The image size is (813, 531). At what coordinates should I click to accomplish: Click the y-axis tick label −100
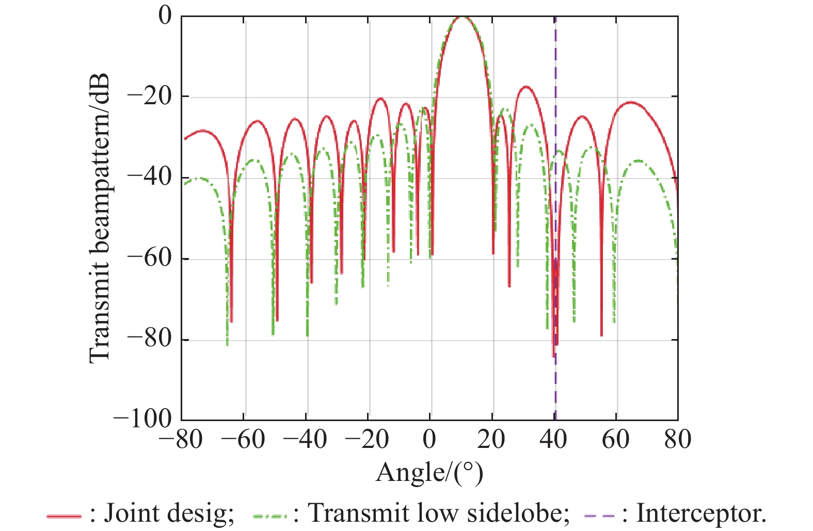143,419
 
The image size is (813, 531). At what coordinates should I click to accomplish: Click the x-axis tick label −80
182,440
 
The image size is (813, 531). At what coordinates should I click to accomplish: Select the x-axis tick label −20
368,440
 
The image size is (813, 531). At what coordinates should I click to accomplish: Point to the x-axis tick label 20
491,440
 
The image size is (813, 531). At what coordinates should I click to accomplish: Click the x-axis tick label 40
553,440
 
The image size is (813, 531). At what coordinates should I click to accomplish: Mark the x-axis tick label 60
616,440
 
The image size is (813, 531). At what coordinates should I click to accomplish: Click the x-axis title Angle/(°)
429,472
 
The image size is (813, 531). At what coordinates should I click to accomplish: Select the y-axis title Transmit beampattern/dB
100,218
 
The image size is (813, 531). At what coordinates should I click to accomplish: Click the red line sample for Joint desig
64,516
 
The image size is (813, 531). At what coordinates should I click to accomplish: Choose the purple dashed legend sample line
599,516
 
